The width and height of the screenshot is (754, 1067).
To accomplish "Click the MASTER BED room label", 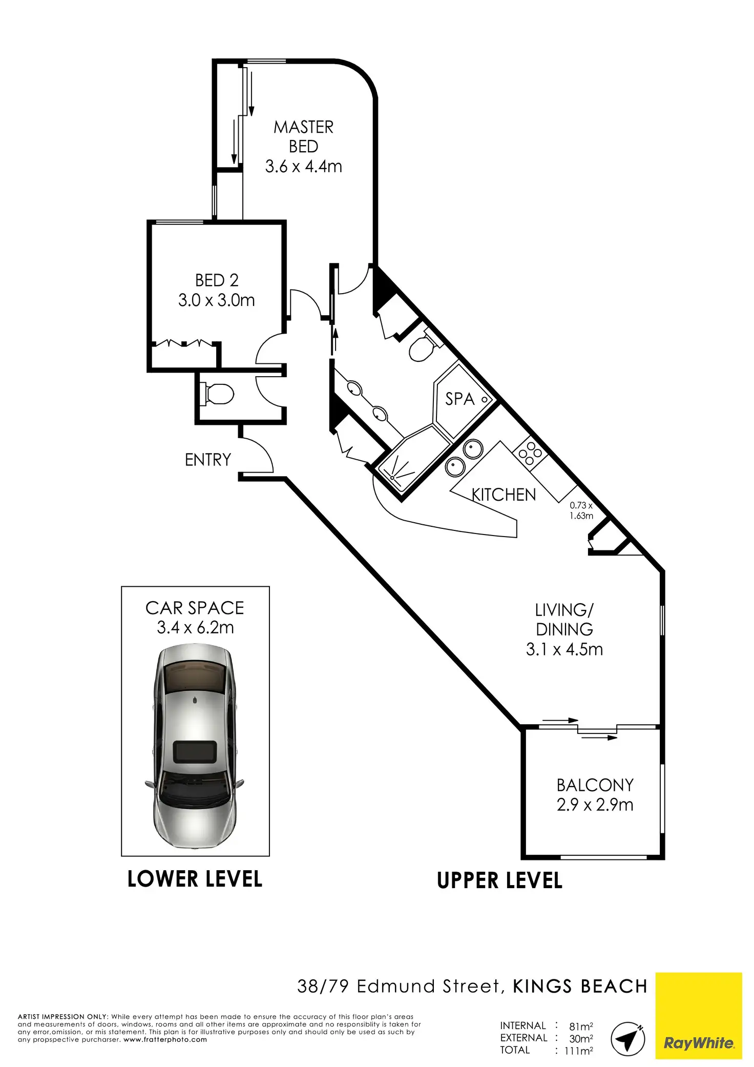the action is pos(304,136).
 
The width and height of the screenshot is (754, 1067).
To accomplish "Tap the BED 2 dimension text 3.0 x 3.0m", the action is pos(217,300).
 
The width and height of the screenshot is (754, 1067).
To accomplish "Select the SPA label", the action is pos(459,399).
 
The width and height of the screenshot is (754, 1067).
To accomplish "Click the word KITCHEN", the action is pos(504,495).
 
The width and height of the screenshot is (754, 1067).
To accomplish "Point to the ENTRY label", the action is pos(208,460).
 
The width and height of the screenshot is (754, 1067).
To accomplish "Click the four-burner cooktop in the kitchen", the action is pos(530,453).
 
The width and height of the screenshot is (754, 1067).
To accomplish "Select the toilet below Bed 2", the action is pos(217,394).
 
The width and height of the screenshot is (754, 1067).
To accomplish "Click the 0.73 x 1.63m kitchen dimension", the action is pos(581,510).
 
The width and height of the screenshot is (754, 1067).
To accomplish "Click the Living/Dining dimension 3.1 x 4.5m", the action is pos(564,649).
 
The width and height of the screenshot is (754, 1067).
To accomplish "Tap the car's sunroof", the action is pos(195,752).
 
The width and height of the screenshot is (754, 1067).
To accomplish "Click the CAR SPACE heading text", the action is pos(195,608).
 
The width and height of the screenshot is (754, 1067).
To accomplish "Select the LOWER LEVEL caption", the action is pos(195,879).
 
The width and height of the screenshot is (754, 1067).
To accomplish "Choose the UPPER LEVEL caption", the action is pos(500,881).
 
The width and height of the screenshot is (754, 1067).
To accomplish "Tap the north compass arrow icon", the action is pos(628,1038).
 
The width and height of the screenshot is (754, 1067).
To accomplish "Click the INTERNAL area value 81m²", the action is pos(581,1026).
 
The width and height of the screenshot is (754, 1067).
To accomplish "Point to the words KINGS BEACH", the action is pos(580,987).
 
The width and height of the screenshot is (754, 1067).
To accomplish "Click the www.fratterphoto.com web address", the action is pos(165,1040).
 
